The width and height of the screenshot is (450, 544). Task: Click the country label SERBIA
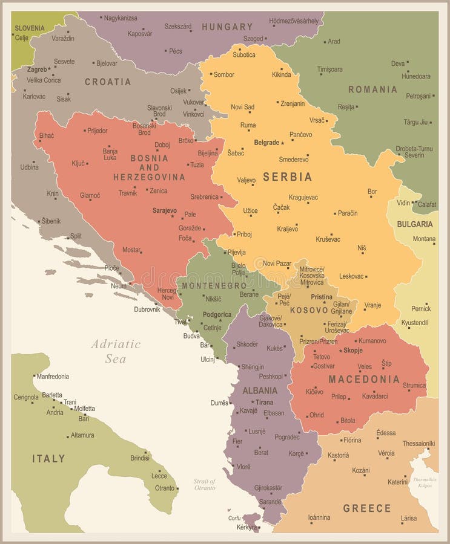coord(287,177)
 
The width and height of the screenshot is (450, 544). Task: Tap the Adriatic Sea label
coord(116,351)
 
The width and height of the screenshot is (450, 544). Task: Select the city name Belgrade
coord(266,143)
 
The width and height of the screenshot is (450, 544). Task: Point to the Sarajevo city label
coord(164,210)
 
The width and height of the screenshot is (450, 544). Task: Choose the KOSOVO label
coord(309,310)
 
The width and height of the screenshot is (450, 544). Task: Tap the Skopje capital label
coord(352,351)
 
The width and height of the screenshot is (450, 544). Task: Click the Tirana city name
coord(264,402)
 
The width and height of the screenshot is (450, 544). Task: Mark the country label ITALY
coord(48,459)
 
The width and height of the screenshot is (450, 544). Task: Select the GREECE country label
coord(367,508)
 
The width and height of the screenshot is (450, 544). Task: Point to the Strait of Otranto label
coord(204,484)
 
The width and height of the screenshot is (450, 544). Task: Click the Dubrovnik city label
coord(147,309)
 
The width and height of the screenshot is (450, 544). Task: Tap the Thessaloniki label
coord(419,443)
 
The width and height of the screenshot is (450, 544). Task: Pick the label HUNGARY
coord(227,27)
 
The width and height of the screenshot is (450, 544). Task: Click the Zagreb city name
coord(36,70)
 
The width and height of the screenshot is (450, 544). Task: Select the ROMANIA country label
coord(372,89)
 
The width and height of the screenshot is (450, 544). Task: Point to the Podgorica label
coord(217,314)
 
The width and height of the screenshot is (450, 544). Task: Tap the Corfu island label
coord(234,518)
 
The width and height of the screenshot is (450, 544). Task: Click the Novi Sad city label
coord(242,107)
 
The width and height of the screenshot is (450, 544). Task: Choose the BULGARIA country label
coord(415,224)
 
